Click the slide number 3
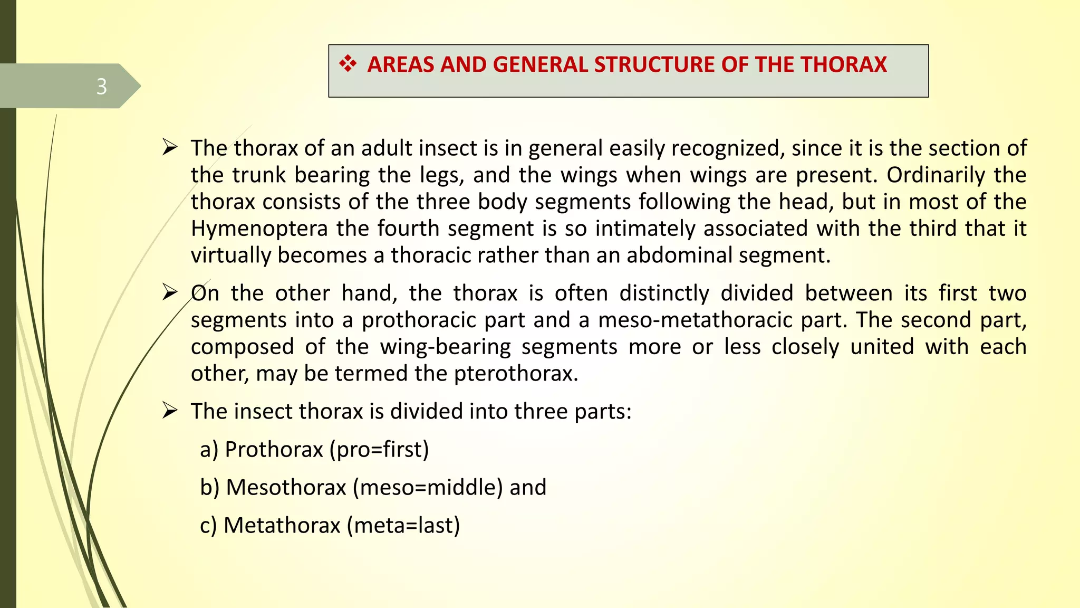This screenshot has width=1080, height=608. (102, 86)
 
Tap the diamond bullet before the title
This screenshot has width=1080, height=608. (348, 64)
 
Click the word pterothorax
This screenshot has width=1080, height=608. (516, 374)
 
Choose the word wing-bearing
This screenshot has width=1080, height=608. (446, 347)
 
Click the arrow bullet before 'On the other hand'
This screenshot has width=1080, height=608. (170, 292)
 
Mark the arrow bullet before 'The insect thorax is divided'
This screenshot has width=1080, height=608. (170, 410)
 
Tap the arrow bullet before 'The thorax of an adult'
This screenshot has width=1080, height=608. (170, 147)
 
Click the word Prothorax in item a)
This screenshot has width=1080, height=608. (274, 450)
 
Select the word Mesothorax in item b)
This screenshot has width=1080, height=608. (286, 488)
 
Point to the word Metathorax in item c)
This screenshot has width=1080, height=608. (282, 526)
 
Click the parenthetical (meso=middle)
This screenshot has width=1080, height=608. (428, 488)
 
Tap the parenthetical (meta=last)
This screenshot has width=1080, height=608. (403, 526)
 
